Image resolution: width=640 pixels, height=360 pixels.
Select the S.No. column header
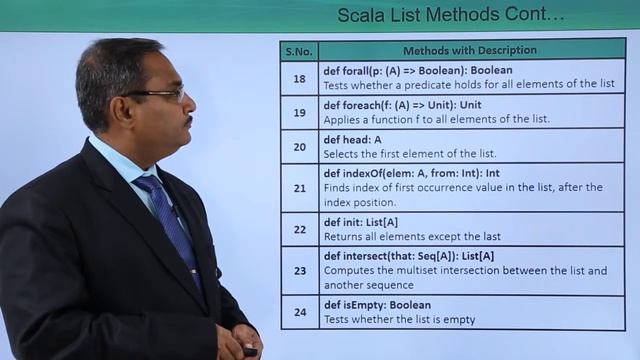(299, 50)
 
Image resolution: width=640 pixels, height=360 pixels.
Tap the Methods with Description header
(470, 50)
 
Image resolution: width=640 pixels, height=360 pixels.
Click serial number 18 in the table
(299, 78)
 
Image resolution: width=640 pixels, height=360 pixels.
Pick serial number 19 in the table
(299, 112)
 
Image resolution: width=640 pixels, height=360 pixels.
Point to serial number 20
(299, 146)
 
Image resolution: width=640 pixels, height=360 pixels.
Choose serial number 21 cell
(299, 187)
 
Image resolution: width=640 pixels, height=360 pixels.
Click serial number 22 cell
(299, 229)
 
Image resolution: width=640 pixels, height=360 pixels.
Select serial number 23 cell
(299, 270)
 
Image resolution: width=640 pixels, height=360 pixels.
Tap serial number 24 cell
(299, 312)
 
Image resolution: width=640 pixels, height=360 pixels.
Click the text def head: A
(352, 139)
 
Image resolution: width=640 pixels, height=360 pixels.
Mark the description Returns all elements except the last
(412, 237)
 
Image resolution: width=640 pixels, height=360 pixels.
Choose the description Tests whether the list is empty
(399, 320)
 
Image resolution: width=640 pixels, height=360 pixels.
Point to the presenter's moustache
(186, 122)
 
